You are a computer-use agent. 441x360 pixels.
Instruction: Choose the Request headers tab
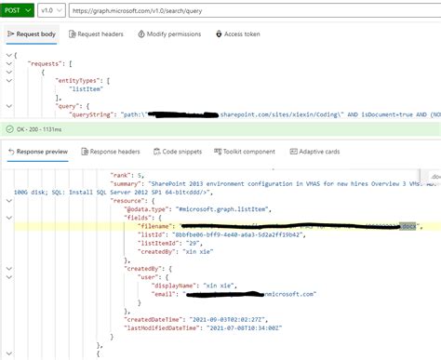click(99, 33)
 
